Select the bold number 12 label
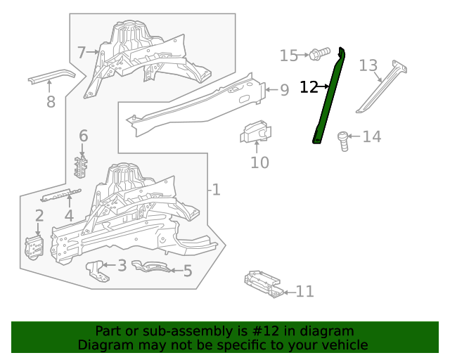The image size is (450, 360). [309, 87]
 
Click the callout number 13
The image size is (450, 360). [368, 65]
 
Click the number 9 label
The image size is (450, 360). [284, 90]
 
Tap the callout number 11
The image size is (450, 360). [304, 292]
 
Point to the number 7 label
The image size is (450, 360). [82, 52]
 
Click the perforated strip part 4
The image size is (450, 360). [61, 195]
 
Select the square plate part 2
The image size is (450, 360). [34, 248]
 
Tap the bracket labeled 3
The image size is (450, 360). [98, 271]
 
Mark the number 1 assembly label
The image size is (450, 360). [216, 189]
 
